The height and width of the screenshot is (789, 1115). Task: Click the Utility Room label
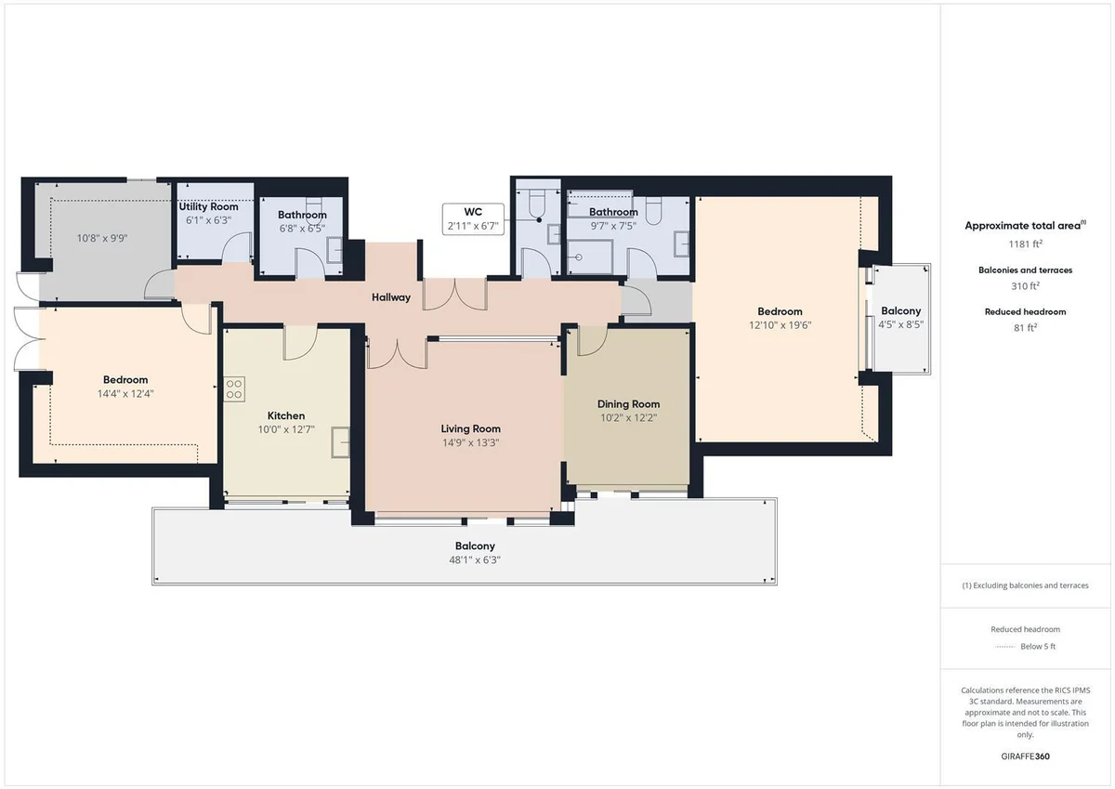(208, 206)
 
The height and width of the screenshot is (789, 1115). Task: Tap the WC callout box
(473, 218)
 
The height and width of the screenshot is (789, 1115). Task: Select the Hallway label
(391, 297)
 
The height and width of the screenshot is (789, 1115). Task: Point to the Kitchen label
(286, 415)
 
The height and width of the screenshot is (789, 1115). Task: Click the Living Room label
(471, 428)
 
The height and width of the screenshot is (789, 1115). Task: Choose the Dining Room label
(629, 404)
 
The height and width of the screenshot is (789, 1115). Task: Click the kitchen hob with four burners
(234, 389)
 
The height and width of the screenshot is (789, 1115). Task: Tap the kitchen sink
(340, 442)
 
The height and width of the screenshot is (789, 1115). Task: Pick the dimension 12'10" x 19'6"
(780, 325)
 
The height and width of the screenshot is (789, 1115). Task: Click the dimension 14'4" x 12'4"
(125, 394)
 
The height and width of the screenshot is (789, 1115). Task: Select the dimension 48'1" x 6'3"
(475, 560)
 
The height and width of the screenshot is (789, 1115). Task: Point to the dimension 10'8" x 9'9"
(102, 239)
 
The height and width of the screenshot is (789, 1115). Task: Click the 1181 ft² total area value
(1026, 243)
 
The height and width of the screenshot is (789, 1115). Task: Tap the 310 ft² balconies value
(1026, 285)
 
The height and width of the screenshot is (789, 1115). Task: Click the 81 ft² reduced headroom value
(1026, 327)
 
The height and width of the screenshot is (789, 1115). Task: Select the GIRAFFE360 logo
(1026, 756)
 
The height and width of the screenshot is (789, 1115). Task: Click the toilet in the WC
(538, 205)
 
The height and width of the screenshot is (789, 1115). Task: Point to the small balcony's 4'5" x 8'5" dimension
(901, 324)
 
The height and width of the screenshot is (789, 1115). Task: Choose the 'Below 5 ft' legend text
(1038, 646)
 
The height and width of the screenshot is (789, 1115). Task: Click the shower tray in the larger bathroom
(590, 256)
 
